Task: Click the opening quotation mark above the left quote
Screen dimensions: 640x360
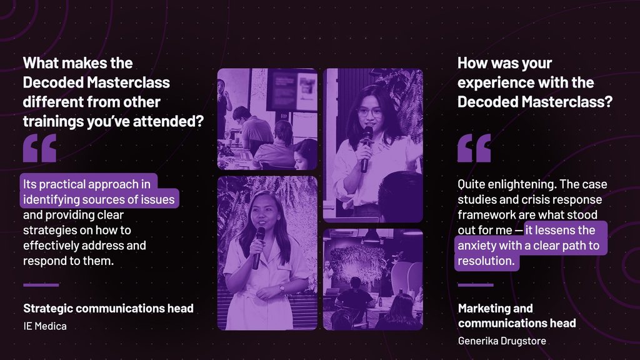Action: coord(39,148)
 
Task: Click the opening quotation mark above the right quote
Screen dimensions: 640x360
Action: coord(474,148)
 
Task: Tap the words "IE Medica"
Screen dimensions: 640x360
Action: coord(45,326)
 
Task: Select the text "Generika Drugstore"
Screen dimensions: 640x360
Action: coord(502,341)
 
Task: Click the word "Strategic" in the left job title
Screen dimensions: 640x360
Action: coord(47,309)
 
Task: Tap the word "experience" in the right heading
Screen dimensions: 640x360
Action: coord(490,83)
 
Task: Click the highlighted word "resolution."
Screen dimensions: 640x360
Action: coord(486,261)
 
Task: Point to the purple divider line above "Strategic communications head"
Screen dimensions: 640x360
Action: coord(41,285)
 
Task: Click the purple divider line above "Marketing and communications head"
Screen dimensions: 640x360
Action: coord(476,285)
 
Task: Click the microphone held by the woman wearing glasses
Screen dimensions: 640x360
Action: coord(366,149)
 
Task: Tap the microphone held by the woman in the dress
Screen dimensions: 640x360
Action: coord(258,247)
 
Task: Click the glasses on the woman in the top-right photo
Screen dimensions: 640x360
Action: coord(370,112)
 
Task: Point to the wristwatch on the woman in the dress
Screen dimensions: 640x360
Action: coord(282,289)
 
